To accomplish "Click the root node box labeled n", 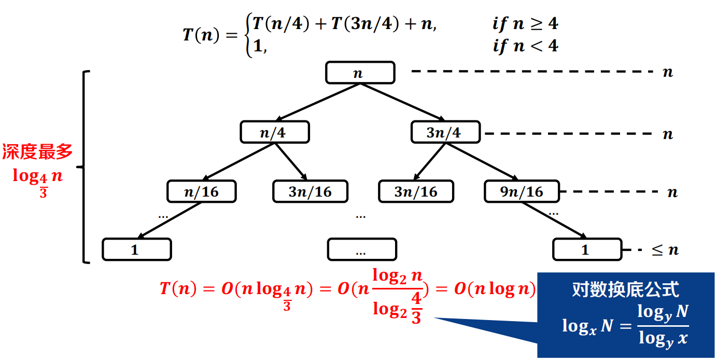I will point(360,73).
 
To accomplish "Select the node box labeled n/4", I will point(274,132).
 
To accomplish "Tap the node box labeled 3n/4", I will point(445,132).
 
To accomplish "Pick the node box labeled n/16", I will point(201,191).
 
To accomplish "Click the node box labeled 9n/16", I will point(522,191).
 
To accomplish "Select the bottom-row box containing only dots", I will point(361,250).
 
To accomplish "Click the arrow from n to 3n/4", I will point(402,102).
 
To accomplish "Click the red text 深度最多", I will point(37,151).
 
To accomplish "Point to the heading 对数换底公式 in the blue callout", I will point(625,289).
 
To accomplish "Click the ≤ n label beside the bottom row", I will point(665,250).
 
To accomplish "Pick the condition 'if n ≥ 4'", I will point(525,24).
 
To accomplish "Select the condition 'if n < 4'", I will point(525,46).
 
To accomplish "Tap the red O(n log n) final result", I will point(495,289).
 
